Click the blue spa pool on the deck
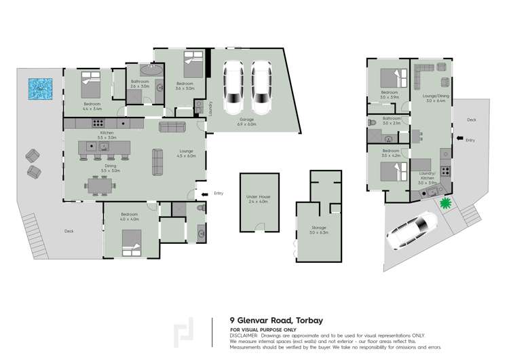click(39, 88)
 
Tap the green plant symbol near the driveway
click(446, 202)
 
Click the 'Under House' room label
click(257, 198)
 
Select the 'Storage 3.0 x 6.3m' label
click(318, 230)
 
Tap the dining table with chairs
click(100, 184)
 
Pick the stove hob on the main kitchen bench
click(98, 124)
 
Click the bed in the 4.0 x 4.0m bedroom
click(131, 241)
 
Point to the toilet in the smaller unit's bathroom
click(371, 122)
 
